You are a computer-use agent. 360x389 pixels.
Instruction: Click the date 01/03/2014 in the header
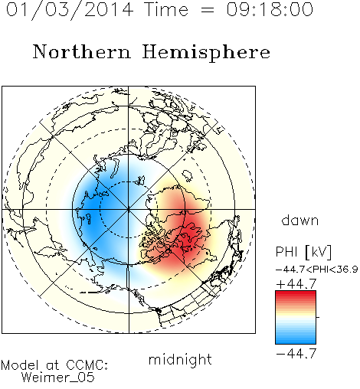(70, 10)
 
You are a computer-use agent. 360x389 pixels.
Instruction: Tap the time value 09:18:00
(270, 9)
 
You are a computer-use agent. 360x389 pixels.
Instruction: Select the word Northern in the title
(82, 51)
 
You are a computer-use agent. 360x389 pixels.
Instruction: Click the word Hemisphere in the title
(206, 53)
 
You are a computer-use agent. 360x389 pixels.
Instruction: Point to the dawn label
(300, 220)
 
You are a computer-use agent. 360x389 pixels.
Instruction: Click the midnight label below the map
(180, 360)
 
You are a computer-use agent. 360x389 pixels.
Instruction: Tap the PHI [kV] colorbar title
(303, 252)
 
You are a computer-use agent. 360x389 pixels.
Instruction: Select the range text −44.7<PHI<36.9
(316, 270)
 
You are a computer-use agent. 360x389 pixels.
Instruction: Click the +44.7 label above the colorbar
(296, 284)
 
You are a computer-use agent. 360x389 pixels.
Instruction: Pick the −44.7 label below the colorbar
(296, 353)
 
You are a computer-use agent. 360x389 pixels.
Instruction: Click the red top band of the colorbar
(296, 294)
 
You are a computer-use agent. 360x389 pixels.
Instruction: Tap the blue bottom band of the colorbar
(296, 340)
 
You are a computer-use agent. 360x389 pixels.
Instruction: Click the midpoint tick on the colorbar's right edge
(318, 317)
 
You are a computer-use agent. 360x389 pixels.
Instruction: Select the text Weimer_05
(58, 378)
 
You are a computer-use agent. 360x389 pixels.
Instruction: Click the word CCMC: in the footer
(87, 365)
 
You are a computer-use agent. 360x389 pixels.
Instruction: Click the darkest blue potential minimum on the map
(93, 204)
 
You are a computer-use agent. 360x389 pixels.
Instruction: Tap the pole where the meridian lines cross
(129, 209)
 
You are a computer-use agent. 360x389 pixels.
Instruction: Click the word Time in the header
(166, 9)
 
